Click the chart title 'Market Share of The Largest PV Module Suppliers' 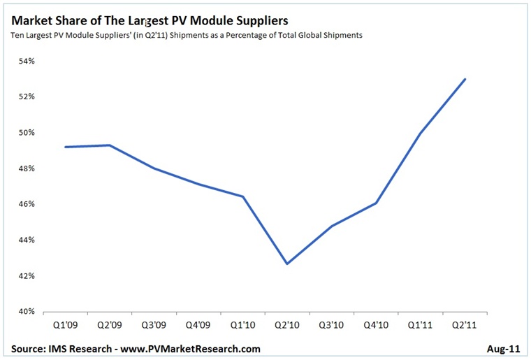coord(150,21)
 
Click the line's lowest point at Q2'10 coord(287,264)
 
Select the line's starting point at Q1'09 coord(65,147)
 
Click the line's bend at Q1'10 coord(243,196)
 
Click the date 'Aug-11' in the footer coord(504,348)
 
